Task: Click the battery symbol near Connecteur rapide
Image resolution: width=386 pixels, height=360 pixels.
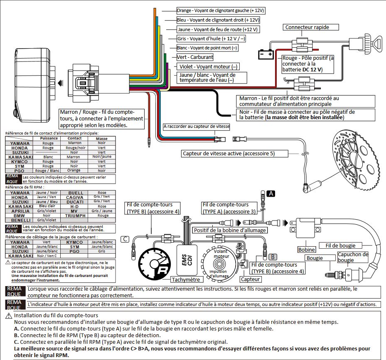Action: coord(266,54)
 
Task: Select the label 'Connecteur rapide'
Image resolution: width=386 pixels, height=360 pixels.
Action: coord(307,27)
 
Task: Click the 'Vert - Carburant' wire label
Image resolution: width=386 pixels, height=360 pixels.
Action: coord(195,57)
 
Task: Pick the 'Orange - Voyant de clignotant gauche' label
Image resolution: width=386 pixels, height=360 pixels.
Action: coord(221,10)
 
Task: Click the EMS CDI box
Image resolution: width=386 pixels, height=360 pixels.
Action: coord(187,260)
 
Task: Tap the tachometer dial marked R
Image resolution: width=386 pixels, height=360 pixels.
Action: coord(154,264)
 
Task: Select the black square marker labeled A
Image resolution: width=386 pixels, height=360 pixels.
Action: coord(271,193)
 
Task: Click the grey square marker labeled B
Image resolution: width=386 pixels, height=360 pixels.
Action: coord(273,257)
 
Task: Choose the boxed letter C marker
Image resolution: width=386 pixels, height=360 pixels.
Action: coord(125,239)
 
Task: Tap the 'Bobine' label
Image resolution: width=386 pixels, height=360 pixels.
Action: coord(307,250)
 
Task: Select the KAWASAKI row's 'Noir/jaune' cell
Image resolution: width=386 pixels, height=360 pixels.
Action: coord(102,157)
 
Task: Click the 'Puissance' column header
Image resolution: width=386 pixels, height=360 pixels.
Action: coord(49,139)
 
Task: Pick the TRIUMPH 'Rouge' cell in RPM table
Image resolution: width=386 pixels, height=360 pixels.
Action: coord(103,216)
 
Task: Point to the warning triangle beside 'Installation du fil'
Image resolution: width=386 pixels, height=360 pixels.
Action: coord(9,316)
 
